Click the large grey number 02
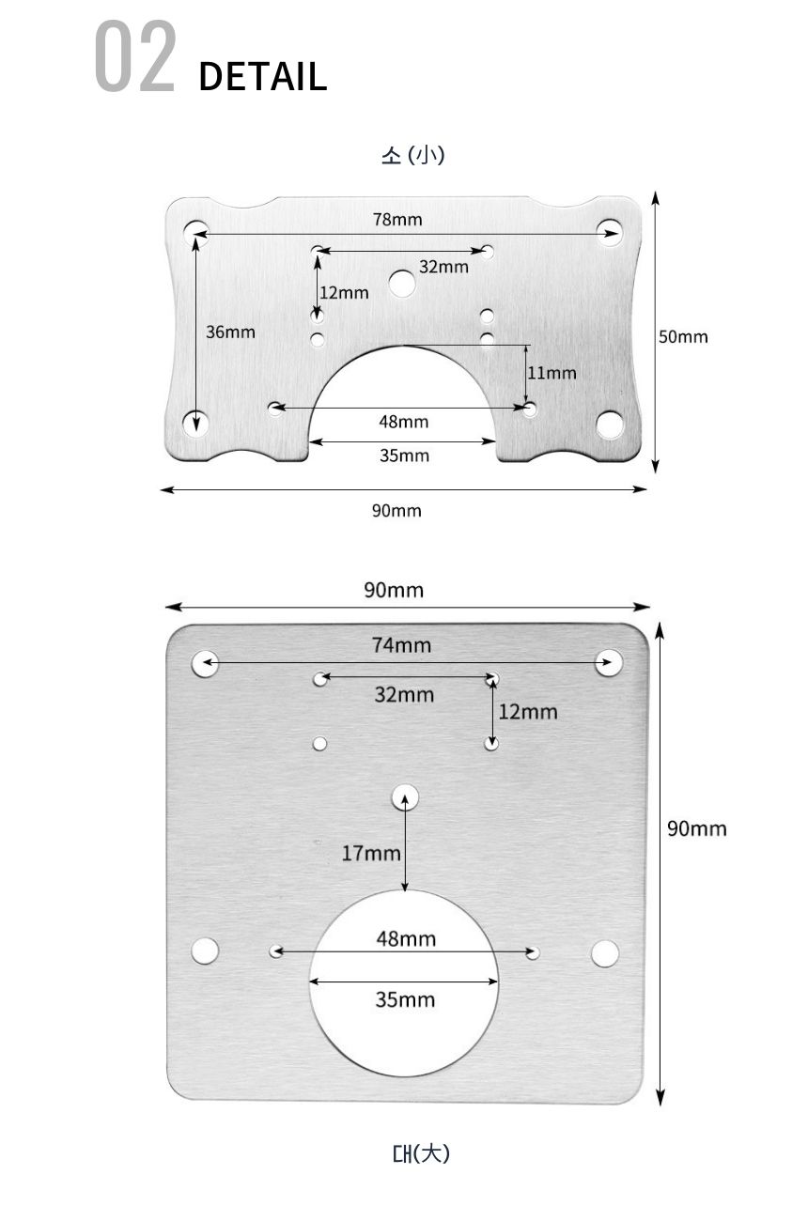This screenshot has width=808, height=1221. (135, 55)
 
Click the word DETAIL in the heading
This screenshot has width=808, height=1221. (263, 76)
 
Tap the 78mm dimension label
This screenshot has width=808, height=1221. (397, 220)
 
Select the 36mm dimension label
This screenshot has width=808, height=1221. (230, 332)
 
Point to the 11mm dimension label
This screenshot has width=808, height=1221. (552, 373)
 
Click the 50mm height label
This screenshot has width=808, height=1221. (683, 337)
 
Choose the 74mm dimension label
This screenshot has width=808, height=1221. (402, 645)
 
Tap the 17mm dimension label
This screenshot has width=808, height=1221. (371, 853)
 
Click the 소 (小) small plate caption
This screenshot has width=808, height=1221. (413, 155)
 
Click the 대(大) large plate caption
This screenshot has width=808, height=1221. (421, 1153)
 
